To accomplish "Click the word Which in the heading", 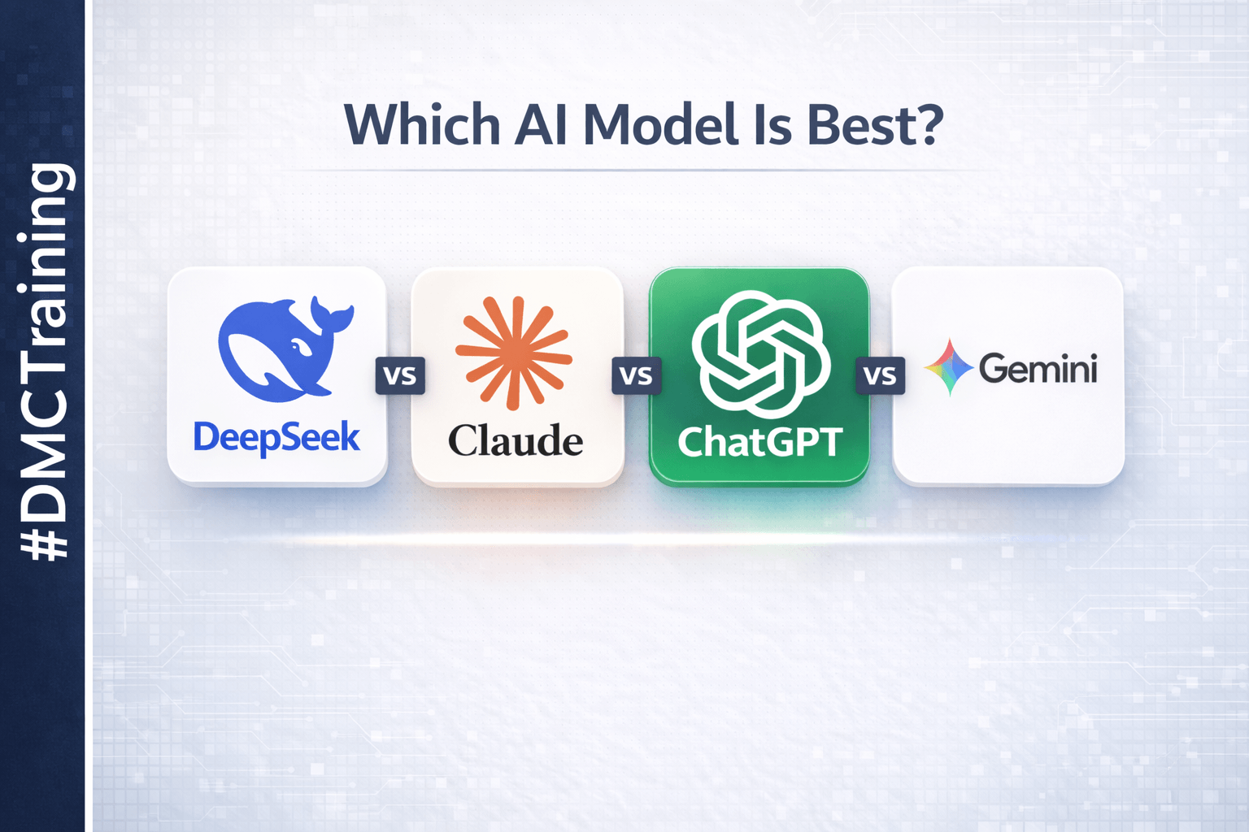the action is (422, 123).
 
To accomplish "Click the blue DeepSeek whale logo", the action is (285, 349).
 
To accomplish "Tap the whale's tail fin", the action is (333, 316).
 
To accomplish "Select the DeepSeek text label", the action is (276, 438).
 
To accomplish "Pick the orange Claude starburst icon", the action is (514, 353).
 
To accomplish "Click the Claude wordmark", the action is (516, 440).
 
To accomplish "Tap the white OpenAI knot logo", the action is (761, 355).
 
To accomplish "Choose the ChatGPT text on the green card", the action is (760, 443).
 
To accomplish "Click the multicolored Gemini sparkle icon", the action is (949, 367).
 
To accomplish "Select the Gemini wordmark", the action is (1038, 369).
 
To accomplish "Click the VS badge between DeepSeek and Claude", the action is (400, 375).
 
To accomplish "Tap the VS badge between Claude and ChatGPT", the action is (637, 375).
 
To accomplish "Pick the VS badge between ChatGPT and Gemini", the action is (881, 375).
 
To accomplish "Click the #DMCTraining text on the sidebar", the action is (44, 362).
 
